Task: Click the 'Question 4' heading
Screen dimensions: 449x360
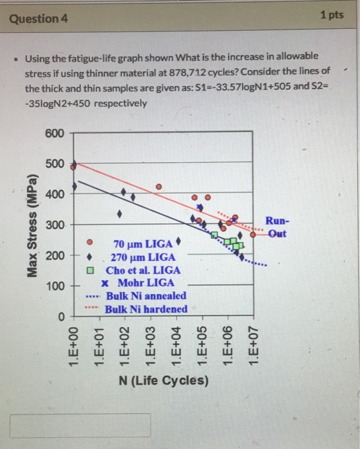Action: click(37, 19)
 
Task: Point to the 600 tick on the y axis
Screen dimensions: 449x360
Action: click(55, 133)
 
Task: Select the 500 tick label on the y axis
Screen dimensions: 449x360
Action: click(55, 164)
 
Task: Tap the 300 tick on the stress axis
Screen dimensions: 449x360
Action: click(55, 225)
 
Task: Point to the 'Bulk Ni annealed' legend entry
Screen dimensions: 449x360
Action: click(146, 296)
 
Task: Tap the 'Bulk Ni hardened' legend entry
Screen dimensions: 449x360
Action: click(146, 309)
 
